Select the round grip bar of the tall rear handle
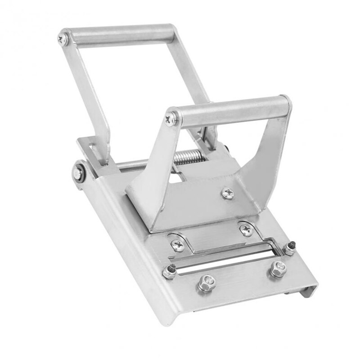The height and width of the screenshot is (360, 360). coord(121,34)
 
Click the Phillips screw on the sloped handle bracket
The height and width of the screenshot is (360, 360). coord(227,193)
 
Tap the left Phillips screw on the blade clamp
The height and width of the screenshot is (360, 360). coord(176,244)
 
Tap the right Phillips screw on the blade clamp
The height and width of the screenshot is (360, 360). coord(245,229)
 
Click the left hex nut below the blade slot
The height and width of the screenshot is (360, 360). coord(206,282)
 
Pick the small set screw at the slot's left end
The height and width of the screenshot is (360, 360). coord(170,271)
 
